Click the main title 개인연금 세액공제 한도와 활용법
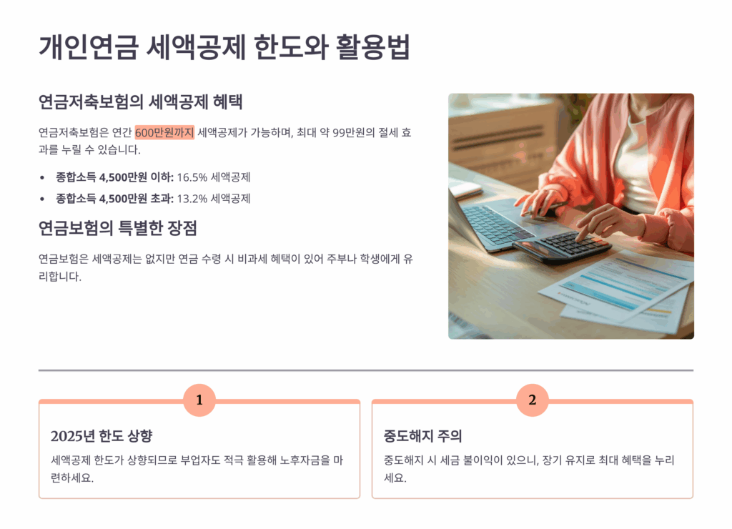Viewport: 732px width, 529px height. click(x=224, y=47)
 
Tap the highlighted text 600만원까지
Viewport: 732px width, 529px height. click(x=164, y=132)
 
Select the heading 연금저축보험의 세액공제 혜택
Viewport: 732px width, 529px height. click(x=140, y=102)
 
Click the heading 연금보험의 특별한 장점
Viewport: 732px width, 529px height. click(x=118, y=228)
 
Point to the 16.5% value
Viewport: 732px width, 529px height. click(x=192, y=177)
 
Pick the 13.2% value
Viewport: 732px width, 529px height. click(x=192, y=199)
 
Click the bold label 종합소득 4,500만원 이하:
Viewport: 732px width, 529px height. click(x=115, y=177)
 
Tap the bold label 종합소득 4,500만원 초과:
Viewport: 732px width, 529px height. click(x=115, y=199)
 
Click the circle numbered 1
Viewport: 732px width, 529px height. click(x=199, y=400)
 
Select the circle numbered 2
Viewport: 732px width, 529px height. click(x=532, y=400)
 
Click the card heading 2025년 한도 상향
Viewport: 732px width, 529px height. click(x=102, y=436)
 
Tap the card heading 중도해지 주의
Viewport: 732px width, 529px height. click(x=423, y=436)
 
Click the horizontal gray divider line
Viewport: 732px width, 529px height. click(x=366, y=370)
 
